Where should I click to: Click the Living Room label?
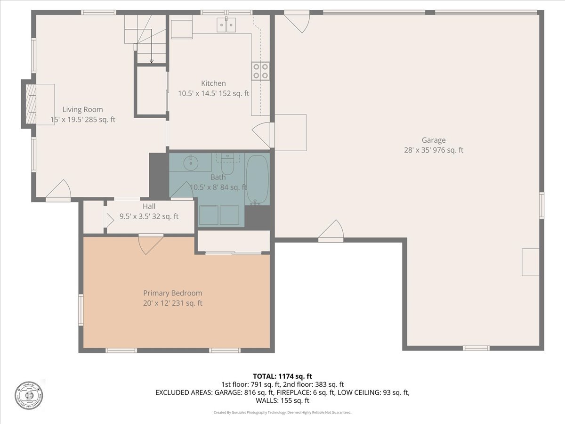82,110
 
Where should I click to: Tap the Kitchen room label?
213,83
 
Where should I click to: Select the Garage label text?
433,140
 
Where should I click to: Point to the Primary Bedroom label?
172,293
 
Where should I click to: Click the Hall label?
149,206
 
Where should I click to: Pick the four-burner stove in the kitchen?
260,71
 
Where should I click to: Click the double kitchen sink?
226,24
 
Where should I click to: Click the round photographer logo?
28,394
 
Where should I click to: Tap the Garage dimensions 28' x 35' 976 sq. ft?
433,150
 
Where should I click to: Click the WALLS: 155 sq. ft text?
282,401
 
